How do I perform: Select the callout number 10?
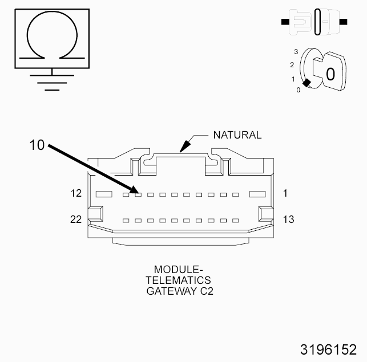(37, 145)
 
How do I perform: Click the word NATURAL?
(237, 135)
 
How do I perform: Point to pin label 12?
(76, 194)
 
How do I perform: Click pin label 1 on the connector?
(285, 194)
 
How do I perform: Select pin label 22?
(76, 219)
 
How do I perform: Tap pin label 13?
(288, 219)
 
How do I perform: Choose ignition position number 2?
(292, 65)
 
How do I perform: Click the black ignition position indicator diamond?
(306, 83)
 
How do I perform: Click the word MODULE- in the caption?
(178, 269)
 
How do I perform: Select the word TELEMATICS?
(178, 280)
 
